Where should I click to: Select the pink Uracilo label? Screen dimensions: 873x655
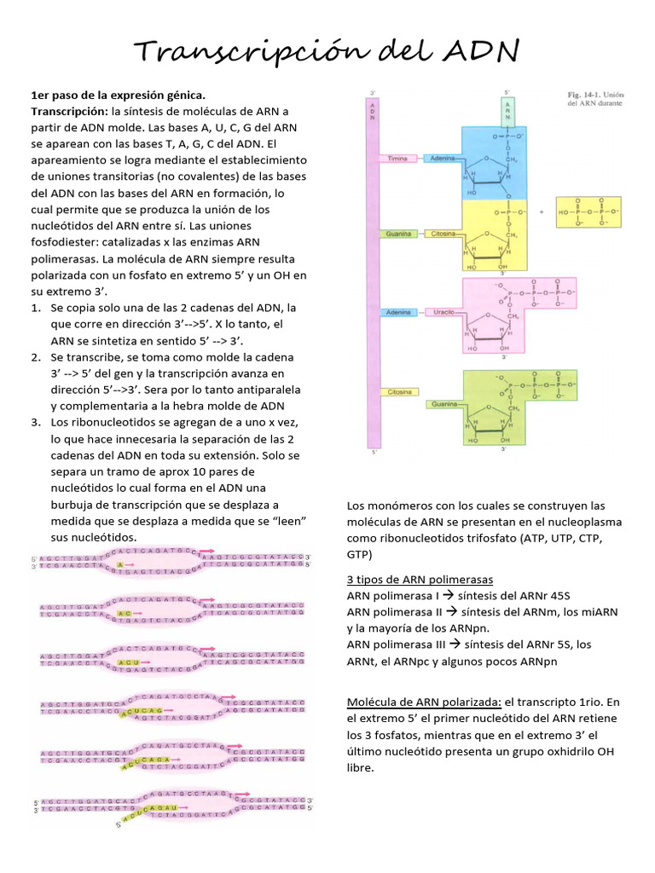click(x=443, y=314)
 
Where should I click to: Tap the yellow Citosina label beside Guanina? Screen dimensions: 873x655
click(x=443, y=234)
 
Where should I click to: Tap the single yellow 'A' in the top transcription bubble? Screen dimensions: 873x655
click(x=121, y=565)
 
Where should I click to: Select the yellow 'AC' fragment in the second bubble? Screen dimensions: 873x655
click(x=125, y=614)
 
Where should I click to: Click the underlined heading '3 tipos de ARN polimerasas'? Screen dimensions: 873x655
click(x=420, y=580)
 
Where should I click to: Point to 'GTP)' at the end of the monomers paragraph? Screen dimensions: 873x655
click(x=360, y=554)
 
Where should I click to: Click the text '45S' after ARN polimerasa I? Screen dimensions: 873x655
click(x=554, y=595)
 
